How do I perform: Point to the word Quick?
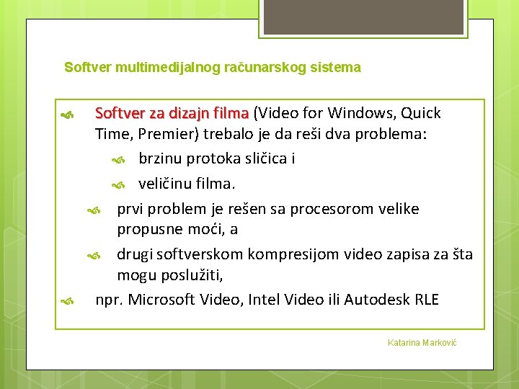[x=421, y=113]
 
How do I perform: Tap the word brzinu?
[x=161, y=159]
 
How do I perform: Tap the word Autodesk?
[x=377, y=299]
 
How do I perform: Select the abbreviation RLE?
[x=427, y=299]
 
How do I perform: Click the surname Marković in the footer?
[x=437, y=342]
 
